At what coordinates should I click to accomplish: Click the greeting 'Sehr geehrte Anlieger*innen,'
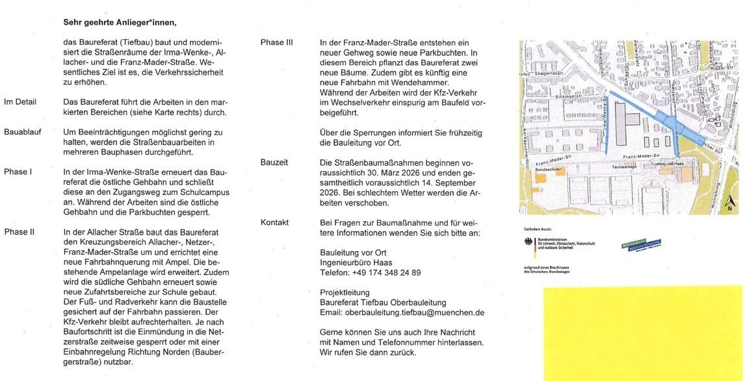(120, 21)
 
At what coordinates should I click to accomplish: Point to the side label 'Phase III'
(277, 43)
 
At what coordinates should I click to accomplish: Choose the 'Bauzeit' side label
(274, 162)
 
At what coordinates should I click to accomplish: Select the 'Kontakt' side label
(274, 222)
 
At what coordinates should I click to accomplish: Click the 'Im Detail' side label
(20, 102)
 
